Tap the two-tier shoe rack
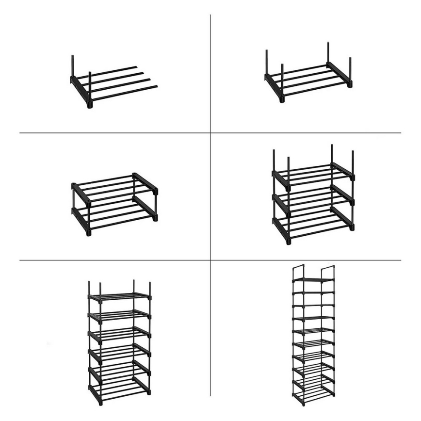tap(114, 204)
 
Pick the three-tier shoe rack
tap(313, 194)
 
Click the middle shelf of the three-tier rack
tap(313, 199)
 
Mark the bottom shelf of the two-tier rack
tap(114, 213)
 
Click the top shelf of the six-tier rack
tap(119, 296)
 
